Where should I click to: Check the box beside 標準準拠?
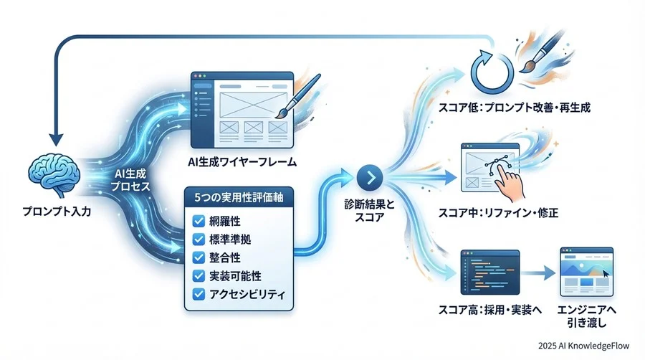coord(197,239)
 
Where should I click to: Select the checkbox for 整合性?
coord(197,257)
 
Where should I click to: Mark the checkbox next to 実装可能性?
coord(197,275)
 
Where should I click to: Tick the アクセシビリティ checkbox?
coord(197,293)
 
